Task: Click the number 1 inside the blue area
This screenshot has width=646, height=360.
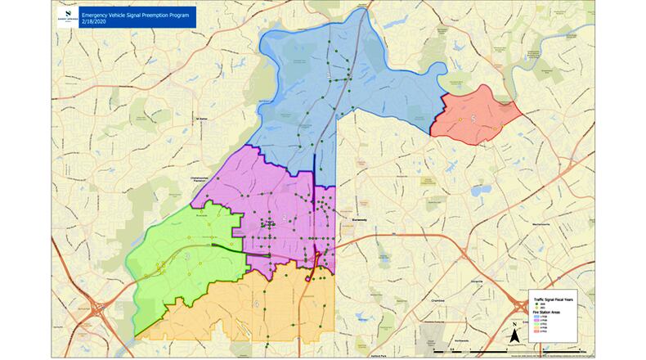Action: (x=329, y=75)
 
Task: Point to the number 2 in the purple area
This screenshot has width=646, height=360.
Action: (x=284, y=216)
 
